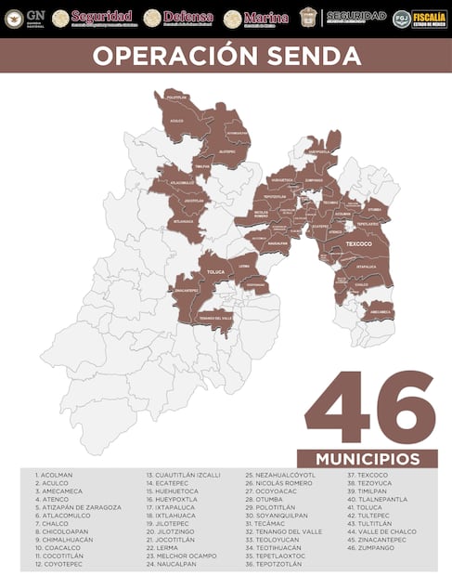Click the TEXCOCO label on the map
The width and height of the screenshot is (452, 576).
357,244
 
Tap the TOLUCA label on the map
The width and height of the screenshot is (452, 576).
215,273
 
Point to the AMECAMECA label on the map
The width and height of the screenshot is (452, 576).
379,313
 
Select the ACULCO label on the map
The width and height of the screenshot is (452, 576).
176,121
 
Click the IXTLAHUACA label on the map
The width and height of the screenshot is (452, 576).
183,222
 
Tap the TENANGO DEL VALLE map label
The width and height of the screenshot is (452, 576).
215,318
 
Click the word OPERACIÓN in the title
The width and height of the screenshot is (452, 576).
173,56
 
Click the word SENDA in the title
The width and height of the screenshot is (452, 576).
312,56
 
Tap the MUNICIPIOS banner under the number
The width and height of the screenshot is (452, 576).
367,459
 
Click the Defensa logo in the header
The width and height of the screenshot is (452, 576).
179,18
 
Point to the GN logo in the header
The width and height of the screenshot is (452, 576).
25,18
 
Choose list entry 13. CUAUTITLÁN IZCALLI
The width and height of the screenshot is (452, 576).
183,475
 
